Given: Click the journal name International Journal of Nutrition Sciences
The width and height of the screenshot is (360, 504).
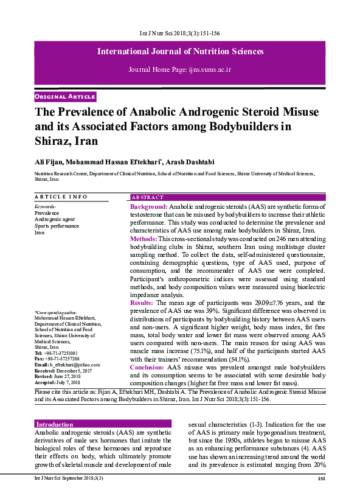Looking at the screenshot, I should pos(180,52).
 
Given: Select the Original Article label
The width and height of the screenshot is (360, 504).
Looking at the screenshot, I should pos(65,97).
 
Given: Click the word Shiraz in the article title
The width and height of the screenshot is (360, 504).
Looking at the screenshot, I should pos(54,140).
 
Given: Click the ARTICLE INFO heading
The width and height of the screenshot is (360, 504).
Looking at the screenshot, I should pos(61,197).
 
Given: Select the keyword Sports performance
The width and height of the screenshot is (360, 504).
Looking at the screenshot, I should pos(57,226).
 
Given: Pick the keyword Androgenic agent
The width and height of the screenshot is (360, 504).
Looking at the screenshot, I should pos(55,220).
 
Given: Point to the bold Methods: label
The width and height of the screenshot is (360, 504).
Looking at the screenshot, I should pos(144,240).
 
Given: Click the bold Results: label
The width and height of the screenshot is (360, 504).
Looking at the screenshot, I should pos(142,303).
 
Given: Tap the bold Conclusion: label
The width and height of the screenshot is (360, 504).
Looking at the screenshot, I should pos(148,367).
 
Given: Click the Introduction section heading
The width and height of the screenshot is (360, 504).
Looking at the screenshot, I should pos(55,424).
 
